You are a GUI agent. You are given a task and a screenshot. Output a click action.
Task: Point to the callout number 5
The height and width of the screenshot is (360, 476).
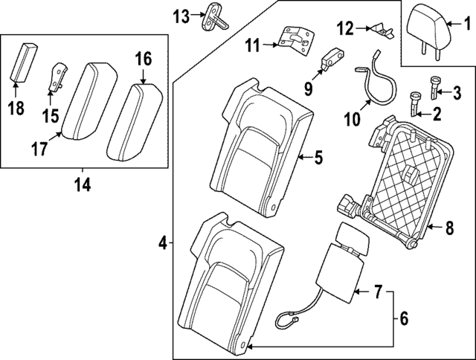318,157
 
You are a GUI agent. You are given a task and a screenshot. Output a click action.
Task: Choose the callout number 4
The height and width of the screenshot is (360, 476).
162,242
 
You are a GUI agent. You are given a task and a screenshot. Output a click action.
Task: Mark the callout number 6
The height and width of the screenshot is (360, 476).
403,318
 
